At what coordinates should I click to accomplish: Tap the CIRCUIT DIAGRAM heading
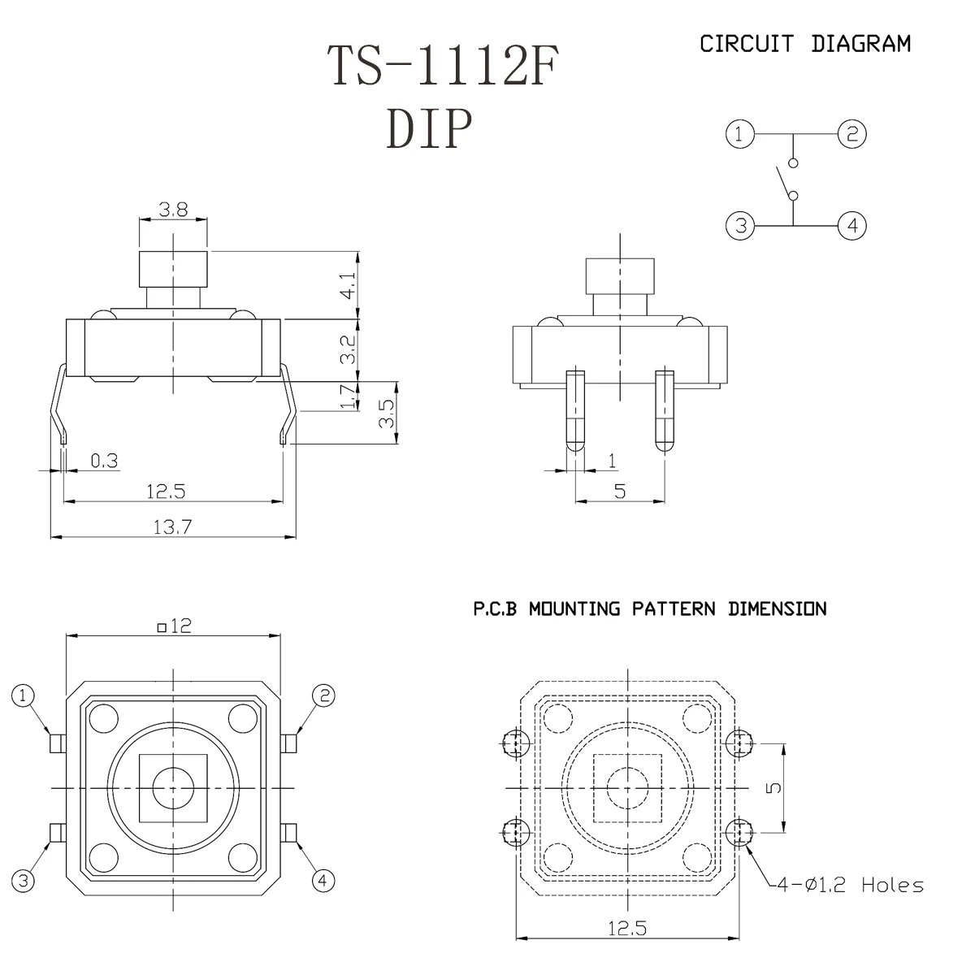[x=804, y=44]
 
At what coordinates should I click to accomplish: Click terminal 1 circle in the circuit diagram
[x=739, y=134]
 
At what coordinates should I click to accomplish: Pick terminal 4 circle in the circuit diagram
[x=851, y=225]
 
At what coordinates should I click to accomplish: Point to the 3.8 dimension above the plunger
[x=173, y=210]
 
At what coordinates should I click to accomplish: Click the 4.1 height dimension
[x=348, y=286]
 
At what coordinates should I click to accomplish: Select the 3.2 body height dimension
[x=348, y=350]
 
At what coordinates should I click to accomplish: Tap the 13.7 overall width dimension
[x=172, y=526]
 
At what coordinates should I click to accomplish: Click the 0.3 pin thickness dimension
[x=104, y=461]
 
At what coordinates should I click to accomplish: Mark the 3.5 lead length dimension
[x=387, y=414]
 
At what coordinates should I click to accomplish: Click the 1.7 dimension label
[x=348, y=396]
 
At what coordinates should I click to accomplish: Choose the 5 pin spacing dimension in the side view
[x=620, y=491]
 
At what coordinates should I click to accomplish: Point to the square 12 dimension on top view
[x=173, y=626]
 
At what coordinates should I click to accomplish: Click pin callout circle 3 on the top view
[x=24, y=881]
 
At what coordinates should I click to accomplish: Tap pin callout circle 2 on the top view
[x=323, y=695]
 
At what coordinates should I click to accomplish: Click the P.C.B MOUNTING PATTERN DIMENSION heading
[x=650, y=609]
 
